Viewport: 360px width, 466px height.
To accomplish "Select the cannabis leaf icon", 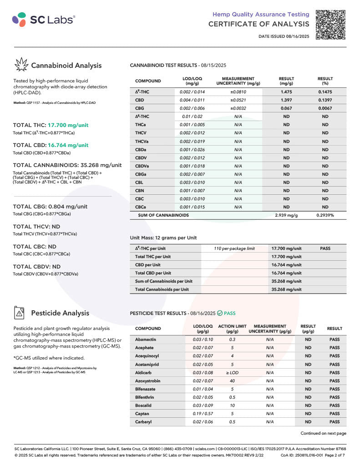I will tap(21, 65).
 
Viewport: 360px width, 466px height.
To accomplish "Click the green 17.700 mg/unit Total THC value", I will tap(68, 125).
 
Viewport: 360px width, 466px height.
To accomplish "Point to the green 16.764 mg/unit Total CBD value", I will tap(68, 145).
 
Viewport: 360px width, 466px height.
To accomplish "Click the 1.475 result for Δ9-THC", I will tap(286, 92).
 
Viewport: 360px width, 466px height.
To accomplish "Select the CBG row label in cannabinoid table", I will tap(140, 108).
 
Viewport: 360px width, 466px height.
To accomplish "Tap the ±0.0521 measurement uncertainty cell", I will tap(238, 100).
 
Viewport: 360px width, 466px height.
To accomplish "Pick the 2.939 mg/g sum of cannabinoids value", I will tap(286, 215).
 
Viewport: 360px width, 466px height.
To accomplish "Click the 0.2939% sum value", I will tap(325, 215).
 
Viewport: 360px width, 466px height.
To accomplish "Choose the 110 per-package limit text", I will tap(234, 248).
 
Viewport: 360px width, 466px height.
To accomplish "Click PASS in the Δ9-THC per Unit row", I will tap(325, 248).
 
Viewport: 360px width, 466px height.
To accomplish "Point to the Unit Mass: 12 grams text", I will tap(163, 238).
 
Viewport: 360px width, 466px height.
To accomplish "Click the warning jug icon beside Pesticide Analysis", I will tap(20, 313).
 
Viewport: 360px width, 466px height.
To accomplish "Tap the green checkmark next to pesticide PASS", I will tap(220, 313).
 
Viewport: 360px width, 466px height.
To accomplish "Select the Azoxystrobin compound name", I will tap(147, 381).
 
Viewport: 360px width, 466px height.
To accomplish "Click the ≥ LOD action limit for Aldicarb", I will tap(232, 373).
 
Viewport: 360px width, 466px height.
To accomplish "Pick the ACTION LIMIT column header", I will tap(232, 329).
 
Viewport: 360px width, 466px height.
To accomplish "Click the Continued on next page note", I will tap(323, 433).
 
